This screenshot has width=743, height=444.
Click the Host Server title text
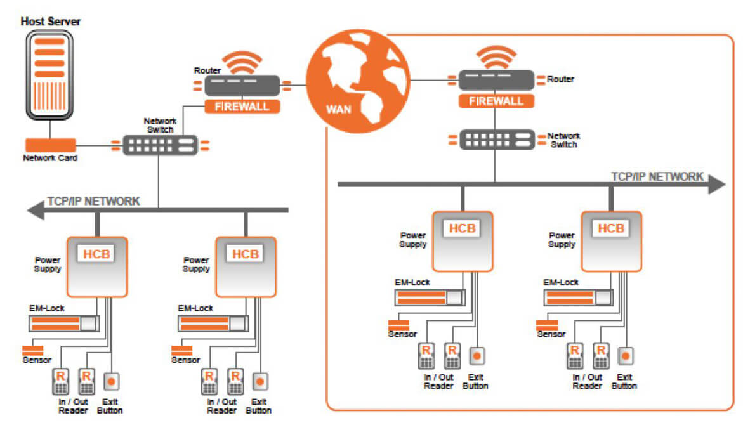pyautogui.click(x=51, y=22)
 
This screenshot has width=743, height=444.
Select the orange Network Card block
pyautogui.click(x=50, y=145)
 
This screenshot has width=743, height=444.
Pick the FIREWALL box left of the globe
pyautogui.click(x=242, y=106)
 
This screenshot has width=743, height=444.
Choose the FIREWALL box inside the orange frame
pyautogui.click(x=496, y=101)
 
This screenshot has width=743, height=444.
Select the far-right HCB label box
pyautogui.click(x=611, y=228)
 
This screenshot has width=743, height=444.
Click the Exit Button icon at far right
pyautogui.click(x=626, y=356)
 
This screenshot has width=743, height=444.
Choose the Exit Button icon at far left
pyautogui.click(x=111, y=382)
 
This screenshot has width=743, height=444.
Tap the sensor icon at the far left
pyautogui.click(x=32, y=350)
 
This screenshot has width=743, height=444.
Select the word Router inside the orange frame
pyautogui.click(x=560, y=80)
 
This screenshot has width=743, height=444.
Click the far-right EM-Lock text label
pyautogui.click(x=560, y=283)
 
